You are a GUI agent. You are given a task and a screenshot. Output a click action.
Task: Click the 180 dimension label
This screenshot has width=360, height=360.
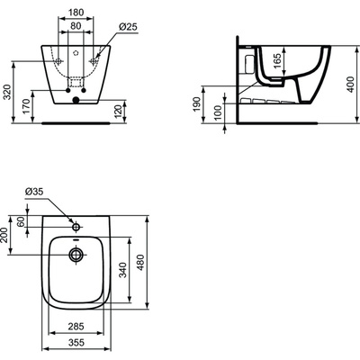[76, 13]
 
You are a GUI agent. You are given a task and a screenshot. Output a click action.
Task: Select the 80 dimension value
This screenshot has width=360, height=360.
[76, 26]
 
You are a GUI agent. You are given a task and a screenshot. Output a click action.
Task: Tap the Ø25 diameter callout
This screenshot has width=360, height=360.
[128, 27]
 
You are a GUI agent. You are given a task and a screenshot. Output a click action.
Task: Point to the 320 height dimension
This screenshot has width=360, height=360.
[7, 92]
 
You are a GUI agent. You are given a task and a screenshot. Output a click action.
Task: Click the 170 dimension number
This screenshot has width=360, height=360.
[26, 106]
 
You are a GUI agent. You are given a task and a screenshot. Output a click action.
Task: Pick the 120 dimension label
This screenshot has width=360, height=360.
[119, 112]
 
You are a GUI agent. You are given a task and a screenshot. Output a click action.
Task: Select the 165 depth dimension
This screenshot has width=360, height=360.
[278, 61]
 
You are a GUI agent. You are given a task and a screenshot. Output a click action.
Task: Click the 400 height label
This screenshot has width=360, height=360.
[350, 85]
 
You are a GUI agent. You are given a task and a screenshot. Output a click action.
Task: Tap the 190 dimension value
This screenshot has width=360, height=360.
[197, 104]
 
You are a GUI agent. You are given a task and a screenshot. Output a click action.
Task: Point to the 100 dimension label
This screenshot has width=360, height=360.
[218, 112]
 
